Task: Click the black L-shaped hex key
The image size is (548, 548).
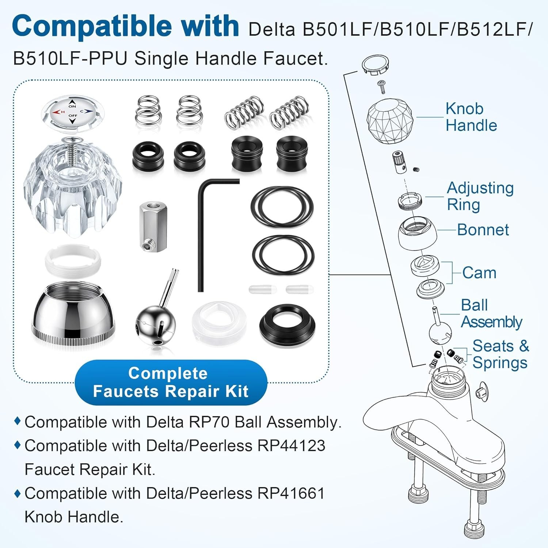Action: tap(200, 234)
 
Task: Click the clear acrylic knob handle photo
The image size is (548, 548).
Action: tap(73, 186)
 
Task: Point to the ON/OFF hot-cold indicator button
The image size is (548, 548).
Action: tap(73, 112)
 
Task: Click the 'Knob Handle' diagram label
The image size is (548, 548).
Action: tap(471, 117)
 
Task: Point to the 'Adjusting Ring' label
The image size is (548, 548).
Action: tap(480, 196)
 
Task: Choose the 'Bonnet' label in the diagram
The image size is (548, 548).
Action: tap(483, 230)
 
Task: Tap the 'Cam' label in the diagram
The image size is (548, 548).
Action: tap(479, 273)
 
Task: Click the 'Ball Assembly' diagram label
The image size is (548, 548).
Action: tap(491, 313)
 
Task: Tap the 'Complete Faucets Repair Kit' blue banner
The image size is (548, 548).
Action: tap(171, 383)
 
